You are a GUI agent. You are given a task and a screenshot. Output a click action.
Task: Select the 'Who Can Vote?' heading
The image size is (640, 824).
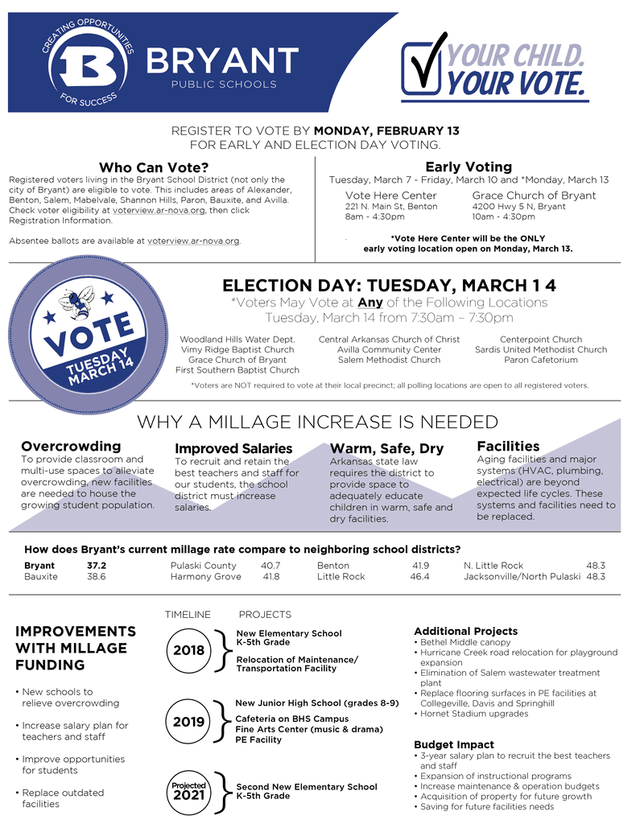[x=154, y=167]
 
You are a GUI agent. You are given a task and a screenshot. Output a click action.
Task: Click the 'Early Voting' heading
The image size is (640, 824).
[x=468, y=167]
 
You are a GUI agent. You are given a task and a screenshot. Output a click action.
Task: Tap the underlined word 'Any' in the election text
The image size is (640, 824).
[x=370, y=303]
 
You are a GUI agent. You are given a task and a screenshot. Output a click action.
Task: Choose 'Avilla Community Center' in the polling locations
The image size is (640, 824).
[x=389, y=350]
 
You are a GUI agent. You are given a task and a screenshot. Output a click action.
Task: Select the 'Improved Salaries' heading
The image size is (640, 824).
[x=233, y=448]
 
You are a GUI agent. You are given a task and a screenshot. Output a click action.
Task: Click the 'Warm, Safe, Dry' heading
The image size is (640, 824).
[x=386, y=448]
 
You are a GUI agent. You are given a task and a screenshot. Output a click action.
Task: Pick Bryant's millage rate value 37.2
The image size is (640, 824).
[x=97, y=566]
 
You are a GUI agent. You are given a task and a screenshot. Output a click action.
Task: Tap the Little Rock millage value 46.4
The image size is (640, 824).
[x=419, y=577]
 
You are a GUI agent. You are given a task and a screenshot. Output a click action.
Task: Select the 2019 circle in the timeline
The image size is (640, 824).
[x=188, y=722]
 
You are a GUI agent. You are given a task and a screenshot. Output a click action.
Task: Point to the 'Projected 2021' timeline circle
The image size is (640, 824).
[x=188, y=791]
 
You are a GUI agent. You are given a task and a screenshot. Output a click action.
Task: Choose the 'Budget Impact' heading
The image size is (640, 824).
[x=453, y=744]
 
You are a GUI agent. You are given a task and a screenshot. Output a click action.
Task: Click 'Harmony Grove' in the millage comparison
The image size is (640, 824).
[x=205, y=577]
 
